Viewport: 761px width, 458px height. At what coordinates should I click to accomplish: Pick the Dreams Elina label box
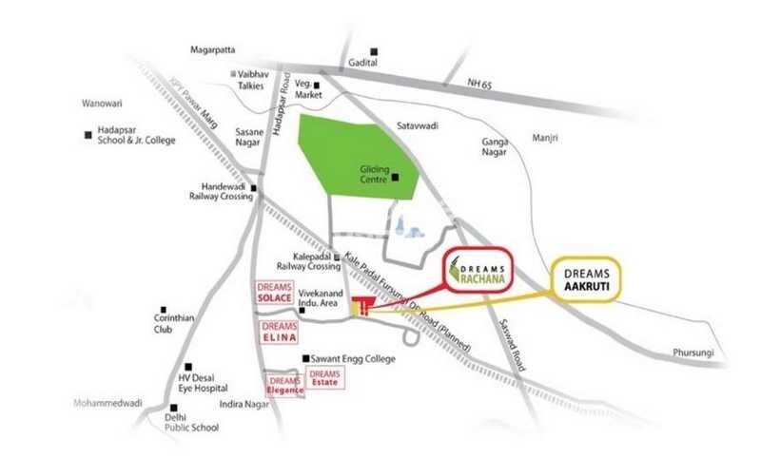tap(280, 332)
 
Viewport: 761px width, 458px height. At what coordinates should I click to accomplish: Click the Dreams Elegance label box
tap(284, 383)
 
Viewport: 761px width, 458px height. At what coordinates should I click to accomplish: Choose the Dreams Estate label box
tap(325, 376)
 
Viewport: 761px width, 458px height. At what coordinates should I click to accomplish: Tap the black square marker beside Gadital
tap(376, 51)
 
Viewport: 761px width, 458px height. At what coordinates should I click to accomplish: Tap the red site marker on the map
tap(361, 306)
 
